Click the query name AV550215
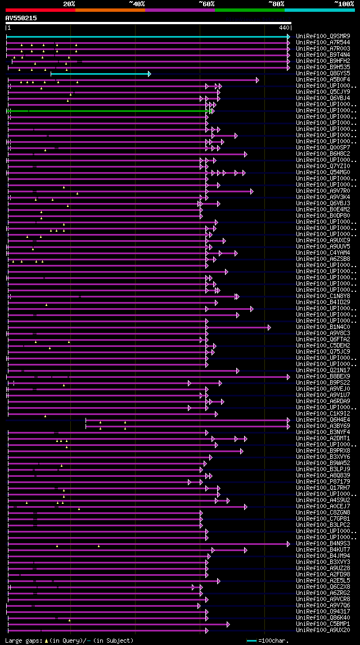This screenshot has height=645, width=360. click(x=21, y=18)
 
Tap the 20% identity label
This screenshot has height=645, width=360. click(x=69, y=3)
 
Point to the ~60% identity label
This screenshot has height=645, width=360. click(x=206, y=3)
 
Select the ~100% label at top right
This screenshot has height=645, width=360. click(x=344, y=3)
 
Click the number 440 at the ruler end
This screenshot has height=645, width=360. click(x=283, y=27)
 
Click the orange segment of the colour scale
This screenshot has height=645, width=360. click(x=110, y=10)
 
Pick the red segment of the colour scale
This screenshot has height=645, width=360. click(x=40, y=10)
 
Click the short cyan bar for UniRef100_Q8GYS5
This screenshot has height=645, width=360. click(x=100, y=74)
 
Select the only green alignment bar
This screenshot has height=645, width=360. click(x=107, y=111)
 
